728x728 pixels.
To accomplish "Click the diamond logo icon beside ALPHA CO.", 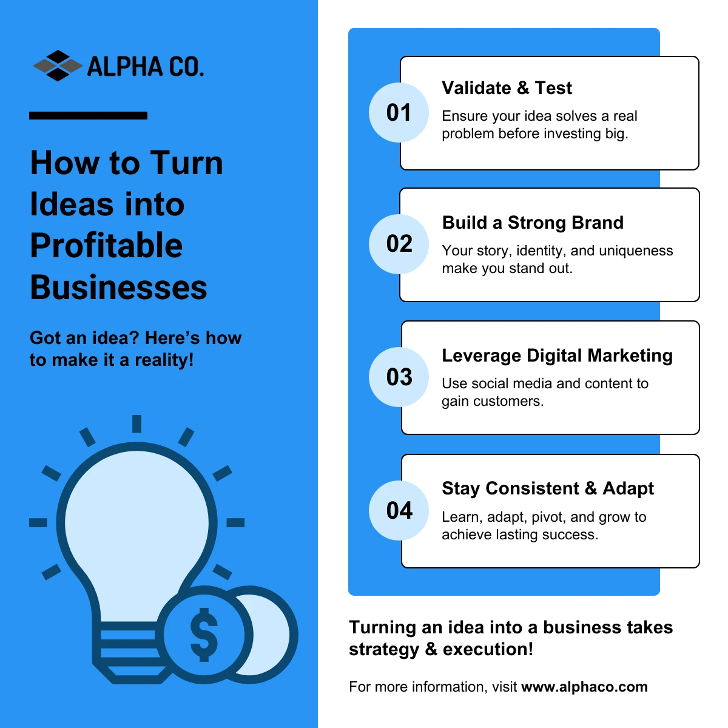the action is point(58,66).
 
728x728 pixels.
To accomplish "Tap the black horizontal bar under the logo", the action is point(88,116).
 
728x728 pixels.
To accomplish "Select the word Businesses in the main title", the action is point(119,288).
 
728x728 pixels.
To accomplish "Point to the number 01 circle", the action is point(399,113).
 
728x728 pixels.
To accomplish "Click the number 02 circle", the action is point(399,244).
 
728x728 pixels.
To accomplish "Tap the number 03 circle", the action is point(399,377).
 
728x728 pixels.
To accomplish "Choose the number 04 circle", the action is point(399,510).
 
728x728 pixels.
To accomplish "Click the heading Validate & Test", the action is point(507,88).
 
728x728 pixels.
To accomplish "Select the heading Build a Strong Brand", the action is point(533,223).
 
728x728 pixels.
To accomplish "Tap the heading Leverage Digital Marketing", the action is point(558,356).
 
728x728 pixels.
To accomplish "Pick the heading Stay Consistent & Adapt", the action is point(548,488).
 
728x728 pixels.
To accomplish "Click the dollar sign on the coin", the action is point(204,635).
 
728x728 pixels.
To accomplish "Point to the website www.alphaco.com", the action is point(584,687).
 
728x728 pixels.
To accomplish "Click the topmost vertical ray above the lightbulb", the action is point(136,423).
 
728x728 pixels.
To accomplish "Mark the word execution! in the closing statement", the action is point(488,649).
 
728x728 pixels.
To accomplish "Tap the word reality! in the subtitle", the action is point(164,360).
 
